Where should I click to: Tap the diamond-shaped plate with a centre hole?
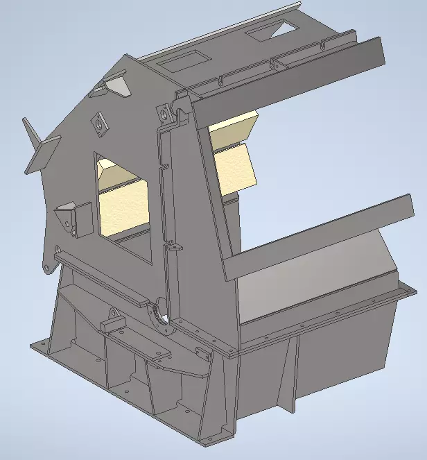click(100, 123)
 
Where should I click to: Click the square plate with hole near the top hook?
click(166, 113)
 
